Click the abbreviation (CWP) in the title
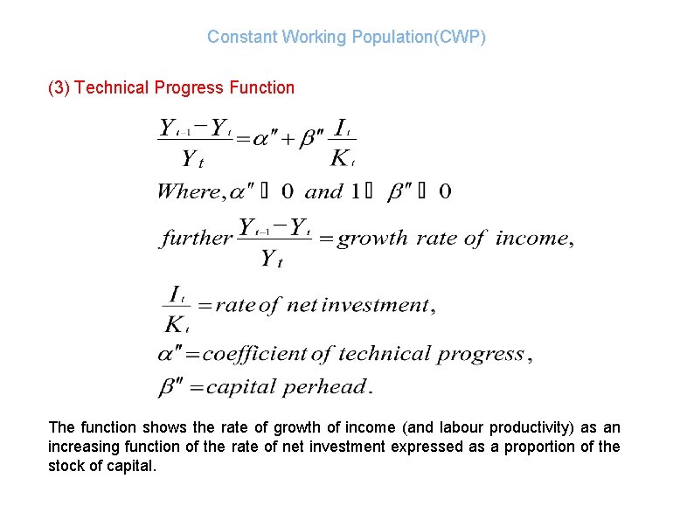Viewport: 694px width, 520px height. click(x=459, y=37)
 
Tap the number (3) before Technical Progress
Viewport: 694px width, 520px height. click(x=59, y=87)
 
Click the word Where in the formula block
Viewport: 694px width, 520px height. click(x=188, y=191)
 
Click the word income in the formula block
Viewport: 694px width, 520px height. click(x=531, y=238)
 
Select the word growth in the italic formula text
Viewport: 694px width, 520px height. click(x=372, y=238)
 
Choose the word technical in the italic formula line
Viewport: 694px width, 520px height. click(x=384, y=354)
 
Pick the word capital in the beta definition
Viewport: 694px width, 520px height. click(x=241, y=386)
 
